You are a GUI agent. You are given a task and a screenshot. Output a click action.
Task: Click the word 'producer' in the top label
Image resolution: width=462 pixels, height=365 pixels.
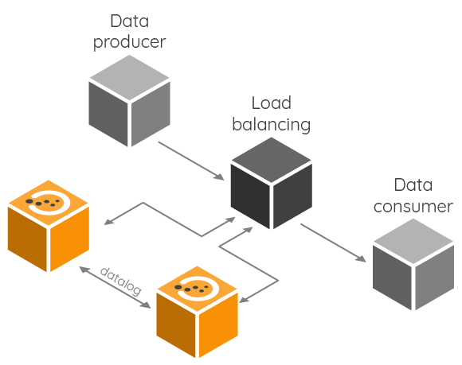click(129, 43)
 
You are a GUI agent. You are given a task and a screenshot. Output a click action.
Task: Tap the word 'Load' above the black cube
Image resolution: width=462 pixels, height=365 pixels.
click(272, 103)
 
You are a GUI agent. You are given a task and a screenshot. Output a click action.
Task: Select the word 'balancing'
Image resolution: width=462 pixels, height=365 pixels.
click(272, 125)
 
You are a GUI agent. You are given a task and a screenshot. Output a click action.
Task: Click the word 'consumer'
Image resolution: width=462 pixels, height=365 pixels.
click(413, 207)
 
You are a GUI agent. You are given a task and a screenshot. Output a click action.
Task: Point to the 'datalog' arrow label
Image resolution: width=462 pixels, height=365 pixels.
click(121, 281)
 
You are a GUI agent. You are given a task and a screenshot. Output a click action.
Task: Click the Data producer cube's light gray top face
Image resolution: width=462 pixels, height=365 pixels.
click(129, 78)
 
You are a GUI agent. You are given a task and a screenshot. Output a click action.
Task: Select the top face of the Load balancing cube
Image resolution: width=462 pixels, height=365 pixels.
click(272, 160)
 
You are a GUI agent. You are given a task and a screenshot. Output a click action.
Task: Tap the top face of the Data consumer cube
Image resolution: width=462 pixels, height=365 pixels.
click(413, 241)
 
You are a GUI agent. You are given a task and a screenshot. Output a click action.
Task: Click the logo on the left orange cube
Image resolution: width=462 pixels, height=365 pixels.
click(49, 202)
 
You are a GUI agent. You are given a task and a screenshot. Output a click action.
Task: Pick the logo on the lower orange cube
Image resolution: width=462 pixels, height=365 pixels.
click(198, 288)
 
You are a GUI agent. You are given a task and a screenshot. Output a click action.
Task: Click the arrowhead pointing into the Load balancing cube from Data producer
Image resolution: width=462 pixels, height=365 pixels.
click(218, 177)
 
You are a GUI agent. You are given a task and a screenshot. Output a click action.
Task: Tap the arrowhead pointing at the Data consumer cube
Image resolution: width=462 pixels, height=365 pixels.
click(360, 258)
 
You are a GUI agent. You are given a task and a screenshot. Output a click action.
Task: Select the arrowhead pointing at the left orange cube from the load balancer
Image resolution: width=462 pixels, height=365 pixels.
click(109, 222)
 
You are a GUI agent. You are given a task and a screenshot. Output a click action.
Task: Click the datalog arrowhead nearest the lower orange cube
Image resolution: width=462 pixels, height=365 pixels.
click(145, 305)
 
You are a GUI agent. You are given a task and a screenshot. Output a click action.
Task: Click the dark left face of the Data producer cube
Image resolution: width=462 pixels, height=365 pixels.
click(108, 114)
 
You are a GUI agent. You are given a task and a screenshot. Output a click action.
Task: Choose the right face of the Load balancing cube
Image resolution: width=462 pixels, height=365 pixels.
click(292, 196)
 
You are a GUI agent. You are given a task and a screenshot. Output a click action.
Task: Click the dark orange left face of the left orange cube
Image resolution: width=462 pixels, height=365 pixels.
click(27, 239)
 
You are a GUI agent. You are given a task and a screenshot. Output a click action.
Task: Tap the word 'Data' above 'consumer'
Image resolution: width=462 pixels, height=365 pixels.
click(413, 185)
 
